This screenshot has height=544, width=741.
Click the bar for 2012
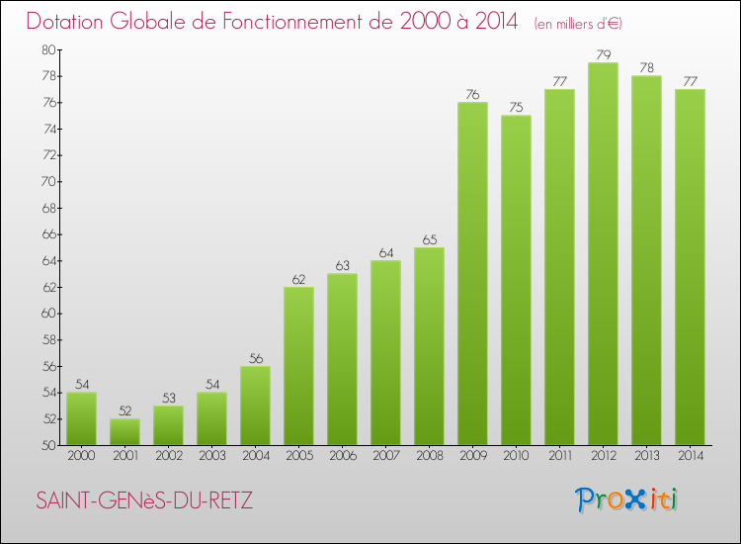603,254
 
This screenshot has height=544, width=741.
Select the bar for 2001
124,432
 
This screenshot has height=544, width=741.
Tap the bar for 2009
472,274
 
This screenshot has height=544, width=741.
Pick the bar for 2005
298,366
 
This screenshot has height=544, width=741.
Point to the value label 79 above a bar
603,54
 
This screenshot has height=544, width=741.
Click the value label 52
124,410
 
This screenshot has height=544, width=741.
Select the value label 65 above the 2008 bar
429,239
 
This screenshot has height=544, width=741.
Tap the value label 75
516,108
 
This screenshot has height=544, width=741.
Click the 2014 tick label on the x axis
690,456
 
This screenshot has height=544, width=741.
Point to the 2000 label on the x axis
81,456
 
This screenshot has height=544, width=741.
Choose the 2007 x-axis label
385,456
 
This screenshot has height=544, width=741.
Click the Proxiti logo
627,499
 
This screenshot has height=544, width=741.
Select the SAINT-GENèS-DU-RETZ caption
144,500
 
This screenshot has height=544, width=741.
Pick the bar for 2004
255,406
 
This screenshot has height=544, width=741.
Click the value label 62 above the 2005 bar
298,279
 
